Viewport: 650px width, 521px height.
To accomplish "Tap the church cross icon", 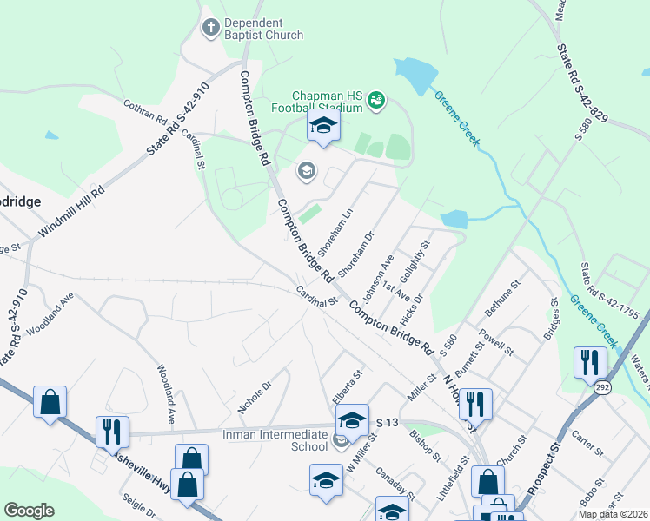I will (x=210, y=29).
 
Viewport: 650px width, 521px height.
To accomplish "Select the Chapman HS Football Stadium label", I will (x=326, y=102).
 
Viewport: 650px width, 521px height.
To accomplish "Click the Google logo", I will (x=29, y=511).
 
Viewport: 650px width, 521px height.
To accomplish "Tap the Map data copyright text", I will (x=613, y=514).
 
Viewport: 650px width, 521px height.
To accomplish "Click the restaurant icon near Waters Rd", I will (x=590, y=362).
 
